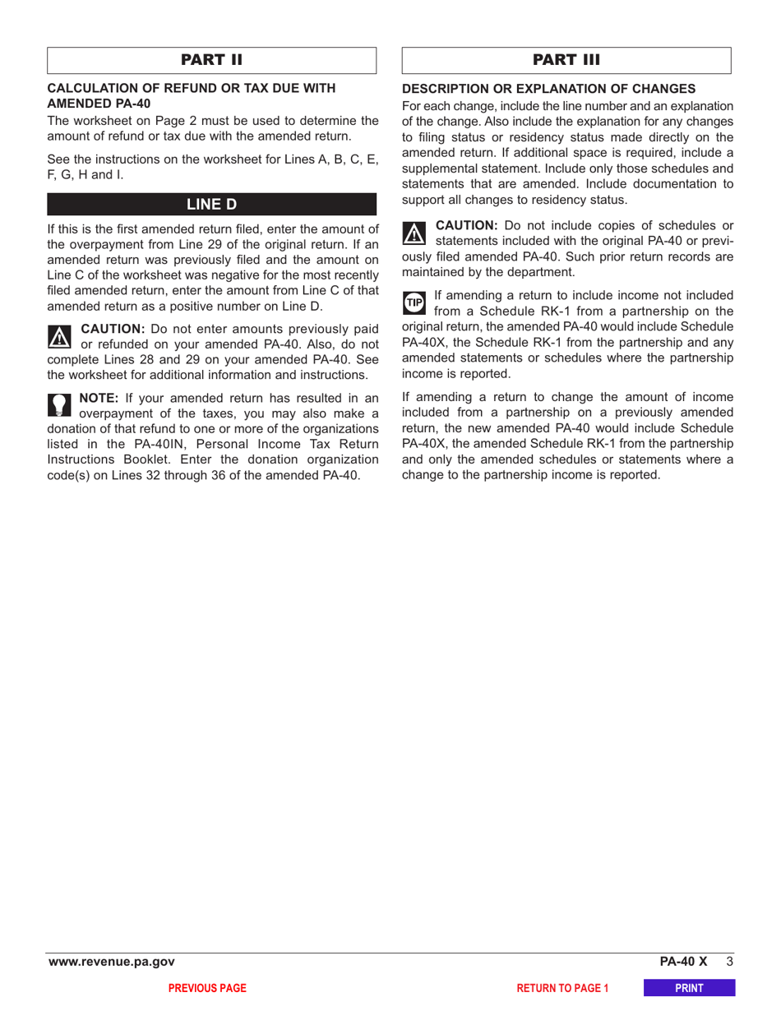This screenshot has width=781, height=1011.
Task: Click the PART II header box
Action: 212,61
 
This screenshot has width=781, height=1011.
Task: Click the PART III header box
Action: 567,61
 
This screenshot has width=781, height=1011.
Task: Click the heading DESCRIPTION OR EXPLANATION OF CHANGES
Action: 549,89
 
